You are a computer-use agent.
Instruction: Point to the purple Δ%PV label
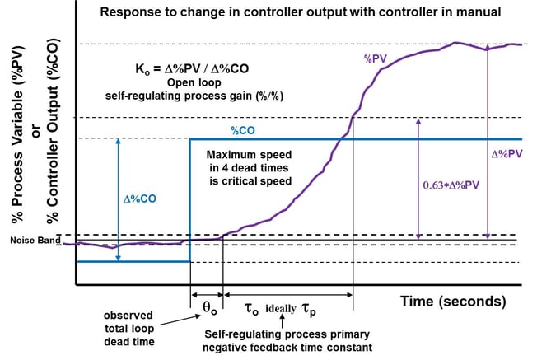[508, 153]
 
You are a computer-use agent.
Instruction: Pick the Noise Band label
[31, 241]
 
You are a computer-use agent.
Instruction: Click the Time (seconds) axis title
[453, 301]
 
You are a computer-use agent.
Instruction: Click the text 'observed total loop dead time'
[134, 329]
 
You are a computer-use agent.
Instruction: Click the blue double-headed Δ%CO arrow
[119, 199]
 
